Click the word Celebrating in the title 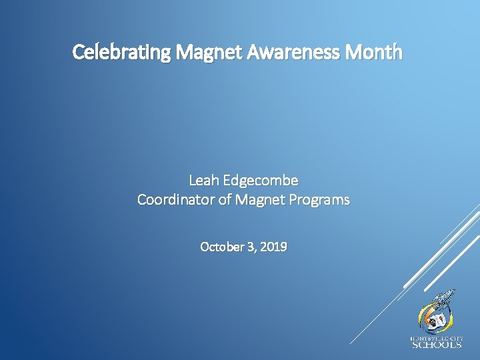(x=122, y=52)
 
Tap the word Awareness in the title (x=291, y=52)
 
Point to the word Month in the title (x=376, y=52)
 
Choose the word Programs (x=320, y=200)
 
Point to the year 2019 (x=273, y=247)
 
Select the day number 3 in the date (x=252, y=247)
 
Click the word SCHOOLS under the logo (x=437, y=345)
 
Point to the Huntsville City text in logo (x=437, y=339)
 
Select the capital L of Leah (x=193, y=181)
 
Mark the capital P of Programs (x=295, y=200)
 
